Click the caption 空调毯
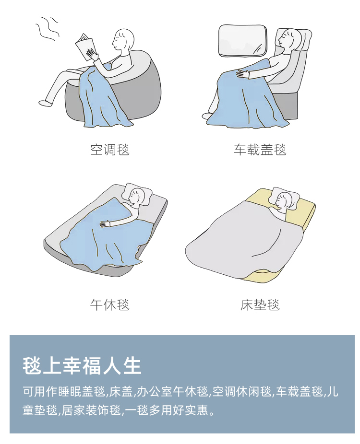coord(110,150)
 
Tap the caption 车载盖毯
coord(260,150)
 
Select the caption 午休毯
coord(110,304)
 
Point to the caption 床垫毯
coord(260,304)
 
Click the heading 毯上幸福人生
coord(82,365)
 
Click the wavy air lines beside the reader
coord(47,28)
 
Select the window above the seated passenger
coord(243,40)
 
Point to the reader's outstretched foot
coord(45,103)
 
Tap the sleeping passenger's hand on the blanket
coord(243,73)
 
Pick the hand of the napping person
coord(105,224)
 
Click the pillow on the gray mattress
coord(138,194)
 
